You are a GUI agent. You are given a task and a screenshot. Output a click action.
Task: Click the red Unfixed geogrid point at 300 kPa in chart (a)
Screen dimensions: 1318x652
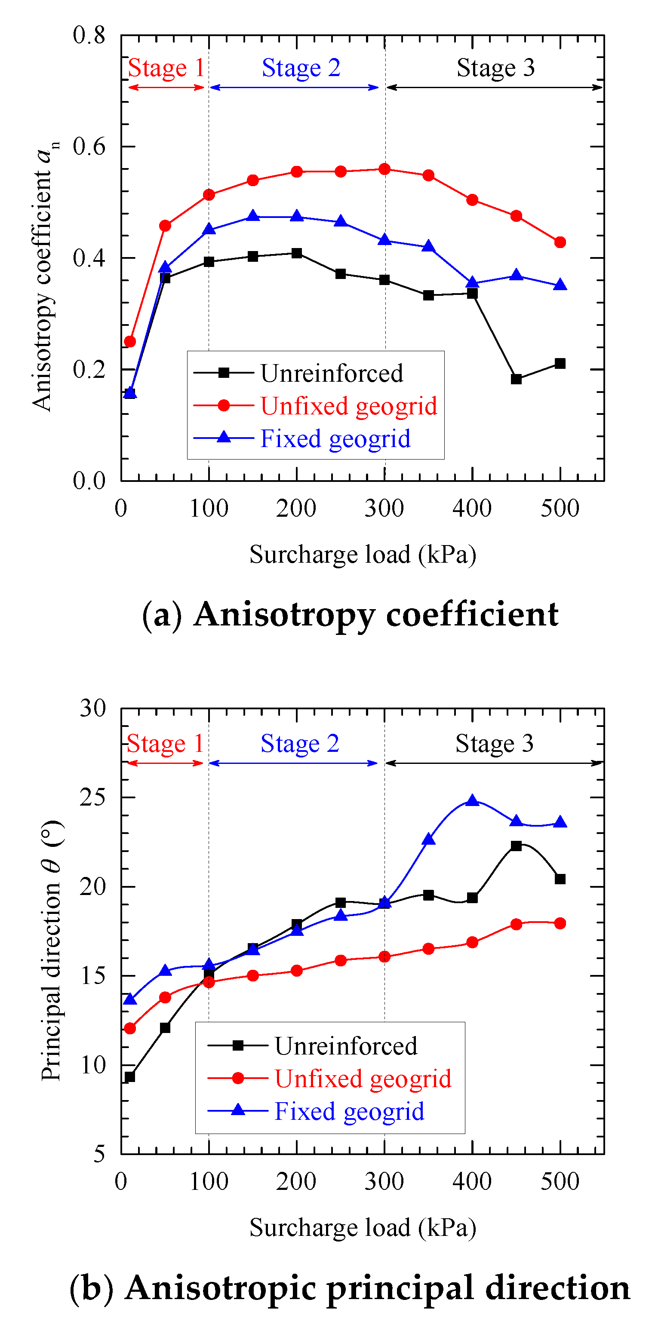384,169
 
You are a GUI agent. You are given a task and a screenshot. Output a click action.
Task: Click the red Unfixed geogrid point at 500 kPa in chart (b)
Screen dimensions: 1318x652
560,923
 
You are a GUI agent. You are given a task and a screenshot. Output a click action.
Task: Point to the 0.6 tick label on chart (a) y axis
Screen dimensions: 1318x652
89,147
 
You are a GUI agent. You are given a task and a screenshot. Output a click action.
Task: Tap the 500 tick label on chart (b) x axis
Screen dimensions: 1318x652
560,1182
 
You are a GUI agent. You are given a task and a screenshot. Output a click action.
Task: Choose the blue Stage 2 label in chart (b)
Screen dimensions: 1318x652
300,743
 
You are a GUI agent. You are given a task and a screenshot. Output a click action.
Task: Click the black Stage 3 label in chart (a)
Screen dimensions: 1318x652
495,68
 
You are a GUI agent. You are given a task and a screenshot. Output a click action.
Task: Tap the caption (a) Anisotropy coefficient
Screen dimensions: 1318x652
350,614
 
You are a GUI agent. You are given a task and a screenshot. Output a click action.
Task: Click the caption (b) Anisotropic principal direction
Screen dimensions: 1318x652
350,1287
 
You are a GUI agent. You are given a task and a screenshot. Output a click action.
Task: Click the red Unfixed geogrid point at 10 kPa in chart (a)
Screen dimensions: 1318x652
130,341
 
